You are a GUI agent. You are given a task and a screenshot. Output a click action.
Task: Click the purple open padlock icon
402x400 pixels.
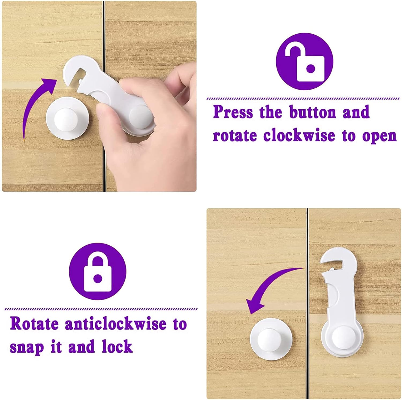pyautogui.click(x=304, y=61)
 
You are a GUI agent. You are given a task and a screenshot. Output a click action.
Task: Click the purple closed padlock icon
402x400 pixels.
pyautogui.click(x=98, y=271)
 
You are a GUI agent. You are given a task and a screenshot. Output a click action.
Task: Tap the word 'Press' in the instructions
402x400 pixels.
pyautogui.click(x=233, y=112)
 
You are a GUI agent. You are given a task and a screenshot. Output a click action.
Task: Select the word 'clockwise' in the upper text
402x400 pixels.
pyautogui.click(x=299, y=135)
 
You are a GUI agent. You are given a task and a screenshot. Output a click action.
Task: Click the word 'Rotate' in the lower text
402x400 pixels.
pyautogui.click(x=34, y=324)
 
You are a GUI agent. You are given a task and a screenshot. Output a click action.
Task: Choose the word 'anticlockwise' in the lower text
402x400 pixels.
pyautogui.click(x=116, y=324)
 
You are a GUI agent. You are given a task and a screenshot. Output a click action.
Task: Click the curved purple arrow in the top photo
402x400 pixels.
pyautogui.click(x=35, y=104)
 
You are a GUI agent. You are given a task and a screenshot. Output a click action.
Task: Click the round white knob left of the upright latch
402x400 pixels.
pyautogui.click(x=271, y=339)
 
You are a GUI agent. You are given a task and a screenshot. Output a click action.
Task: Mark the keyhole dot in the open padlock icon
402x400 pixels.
pyautogui.click(x=310, y=68)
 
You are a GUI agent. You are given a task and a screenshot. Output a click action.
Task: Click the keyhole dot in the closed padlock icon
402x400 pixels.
pyautogui.click(x=98, y=278)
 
